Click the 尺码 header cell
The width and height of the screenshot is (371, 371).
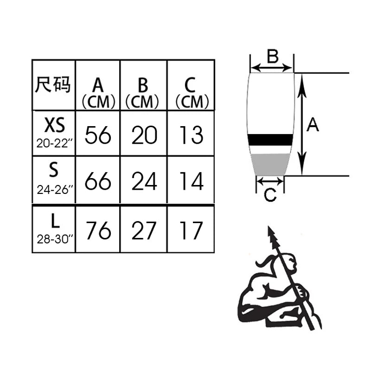tap(53, 85)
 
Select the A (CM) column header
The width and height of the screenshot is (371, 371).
tap(98, 92)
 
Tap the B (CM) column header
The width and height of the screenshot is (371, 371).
tap(143, 92)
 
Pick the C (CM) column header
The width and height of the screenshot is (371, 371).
tap(191, 92)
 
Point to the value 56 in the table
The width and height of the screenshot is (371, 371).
tap(98, 135)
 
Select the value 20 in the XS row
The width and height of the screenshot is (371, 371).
tap(144, 135)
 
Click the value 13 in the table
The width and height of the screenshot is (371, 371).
tap(191, 135)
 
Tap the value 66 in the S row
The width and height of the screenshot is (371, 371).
tap(98, 182)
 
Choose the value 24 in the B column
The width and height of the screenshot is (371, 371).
tap(144, 182)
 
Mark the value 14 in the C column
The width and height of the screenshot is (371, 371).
tap(191, 182)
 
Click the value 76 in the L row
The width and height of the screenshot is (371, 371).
tap(98, 230)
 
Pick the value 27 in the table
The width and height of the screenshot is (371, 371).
tap(144, 230)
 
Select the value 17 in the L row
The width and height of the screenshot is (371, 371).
tap(191, 230)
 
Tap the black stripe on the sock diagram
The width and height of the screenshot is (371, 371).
tap(270, 140)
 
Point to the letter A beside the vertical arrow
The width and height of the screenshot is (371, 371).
tap(313, 124)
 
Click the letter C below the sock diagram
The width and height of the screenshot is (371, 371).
tap(270, 196)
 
